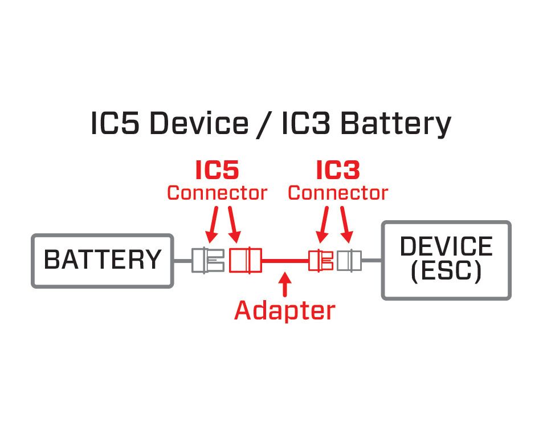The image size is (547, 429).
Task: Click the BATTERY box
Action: [x=103, y=260]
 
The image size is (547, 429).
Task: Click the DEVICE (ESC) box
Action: [x=446, y=260]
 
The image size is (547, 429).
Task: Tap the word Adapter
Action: [x=285, y=311]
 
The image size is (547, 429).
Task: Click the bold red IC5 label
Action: [x=217, y=169]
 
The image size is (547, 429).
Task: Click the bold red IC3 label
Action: [x=338, y=169]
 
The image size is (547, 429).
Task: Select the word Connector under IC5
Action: [x=217, y=193]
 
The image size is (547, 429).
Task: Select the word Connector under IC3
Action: [x=338, y=193]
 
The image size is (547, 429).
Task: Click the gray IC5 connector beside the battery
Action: [x=207, y=260]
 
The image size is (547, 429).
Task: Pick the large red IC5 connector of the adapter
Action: [x=245, y=260]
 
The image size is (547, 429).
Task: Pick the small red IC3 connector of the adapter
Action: [x=321, y=260]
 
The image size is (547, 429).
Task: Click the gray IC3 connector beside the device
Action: [x=348, y=260]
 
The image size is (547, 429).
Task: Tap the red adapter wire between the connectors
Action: [x=285, y=261]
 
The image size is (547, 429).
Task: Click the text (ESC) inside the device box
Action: [x=446, y=271]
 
